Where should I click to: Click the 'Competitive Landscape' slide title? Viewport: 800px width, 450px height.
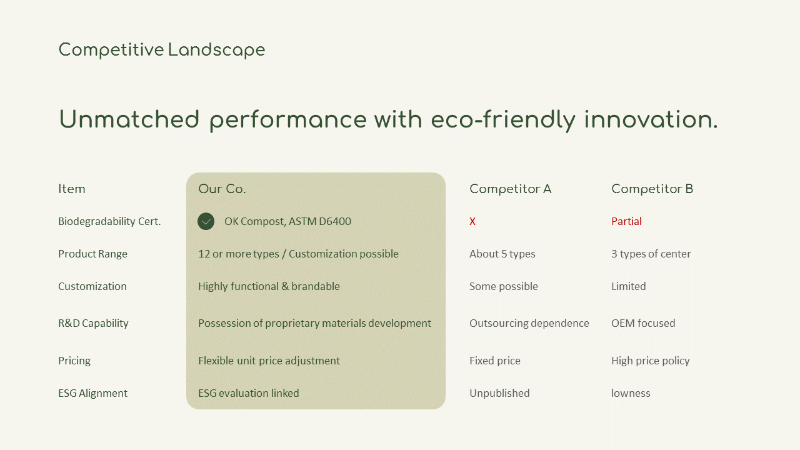161,50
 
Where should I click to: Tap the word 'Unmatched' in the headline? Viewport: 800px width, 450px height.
129,119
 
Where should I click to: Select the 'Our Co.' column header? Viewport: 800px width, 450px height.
222,189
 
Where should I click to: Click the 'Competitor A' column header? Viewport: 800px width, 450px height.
510,189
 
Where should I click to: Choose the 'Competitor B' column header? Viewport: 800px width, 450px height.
652,189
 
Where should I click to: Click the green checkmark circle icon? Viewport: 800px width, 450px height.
206,221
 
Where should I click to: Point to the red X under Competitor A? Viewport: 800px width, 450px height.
472,221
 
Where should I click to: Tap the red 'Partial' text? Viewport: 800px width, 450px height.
626,221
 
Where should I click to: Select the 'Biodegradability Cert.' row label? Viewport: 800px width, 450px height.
109,221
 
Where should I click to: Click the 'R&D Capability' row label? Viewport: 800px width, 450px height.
93,323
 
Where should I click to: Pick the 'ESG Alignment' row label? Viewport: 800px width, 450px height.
92,393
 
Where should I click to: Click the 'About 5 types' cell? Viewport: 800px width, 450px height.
502,254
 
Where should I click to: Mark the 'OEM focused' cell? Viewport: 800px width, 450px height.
643,323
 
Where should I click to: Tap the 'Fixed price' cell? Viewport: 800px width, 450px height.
494,361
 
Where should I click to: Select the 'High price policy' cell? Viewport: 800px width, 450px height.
650,361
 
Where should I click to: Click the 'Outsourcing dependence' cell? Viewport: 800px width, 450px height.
529,323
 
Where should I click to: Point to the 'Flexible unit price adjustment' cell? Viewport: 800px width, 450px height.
269,361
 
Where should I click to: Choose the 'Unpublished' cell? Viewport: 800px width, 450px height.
499,393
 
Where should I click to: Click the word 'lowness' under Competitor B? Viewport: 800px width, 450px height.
631,393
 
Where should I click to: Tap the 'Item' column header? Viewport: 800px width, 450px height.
72,189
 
